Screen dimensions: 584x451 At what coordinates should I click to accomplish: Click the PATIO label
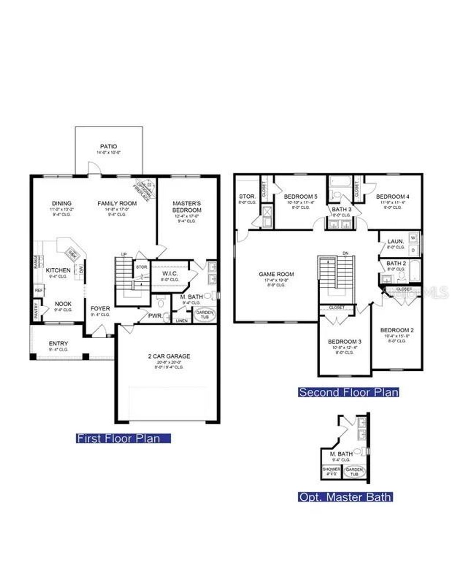click(x=108, y=146)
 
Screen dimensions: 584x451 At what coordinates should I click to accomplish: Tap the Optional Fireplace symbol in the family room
click(x=145, y=189)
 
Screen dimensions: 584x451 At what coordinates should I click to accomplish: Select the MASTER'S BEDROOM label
click(x=187, y=207)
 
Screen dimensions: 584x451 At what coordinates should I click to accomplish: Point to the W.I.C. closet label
click(x=170, y=274)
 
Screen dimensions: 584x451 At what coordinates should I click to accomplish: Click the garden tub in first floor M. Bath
click(x=205, y=314)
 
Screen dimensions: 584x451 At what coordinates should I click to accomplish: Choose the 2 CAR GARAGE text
click(x=169, y=356)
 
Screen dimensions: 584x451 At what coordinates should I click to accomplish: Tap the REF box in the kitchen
click(x=39, y=290)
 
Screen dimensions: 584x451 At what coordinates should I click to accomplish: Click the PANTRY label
click(x=36, y=311)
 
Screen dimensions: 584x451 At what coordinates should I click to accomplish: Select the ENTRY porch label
click(x=59, y=344)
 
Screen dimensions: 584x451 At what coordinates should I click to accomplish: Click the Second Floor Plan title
click(x=348, y=392)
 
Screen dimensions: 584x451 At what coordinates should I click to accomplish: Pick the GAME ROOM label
click(x=276, y=274)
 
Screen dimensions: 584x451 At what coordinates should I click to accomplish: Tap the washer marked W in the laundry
click(x=413, y=237)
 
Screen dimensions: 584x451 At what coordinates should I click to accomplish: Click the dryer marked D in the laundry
click(x=413, y=249)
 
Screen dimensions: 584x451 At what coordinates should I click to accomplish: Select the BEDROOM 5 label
click(x=300, y=196)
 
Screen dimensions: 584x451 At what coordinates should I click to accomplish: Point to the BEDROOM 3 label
click(x=344, y=341)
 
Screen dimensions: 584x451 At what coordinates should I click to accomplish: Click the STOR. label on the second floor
click(x=247, y=196)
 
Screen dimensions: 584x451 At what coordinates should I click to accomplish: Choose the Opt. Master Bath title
click(x=345, y=497)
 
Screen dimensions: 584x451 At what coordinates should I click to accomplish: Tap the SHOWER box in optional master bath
click(x=331, y=470)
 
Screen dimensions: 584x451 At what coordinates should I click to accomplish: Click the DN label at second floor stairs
click(x=345, y=253)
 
